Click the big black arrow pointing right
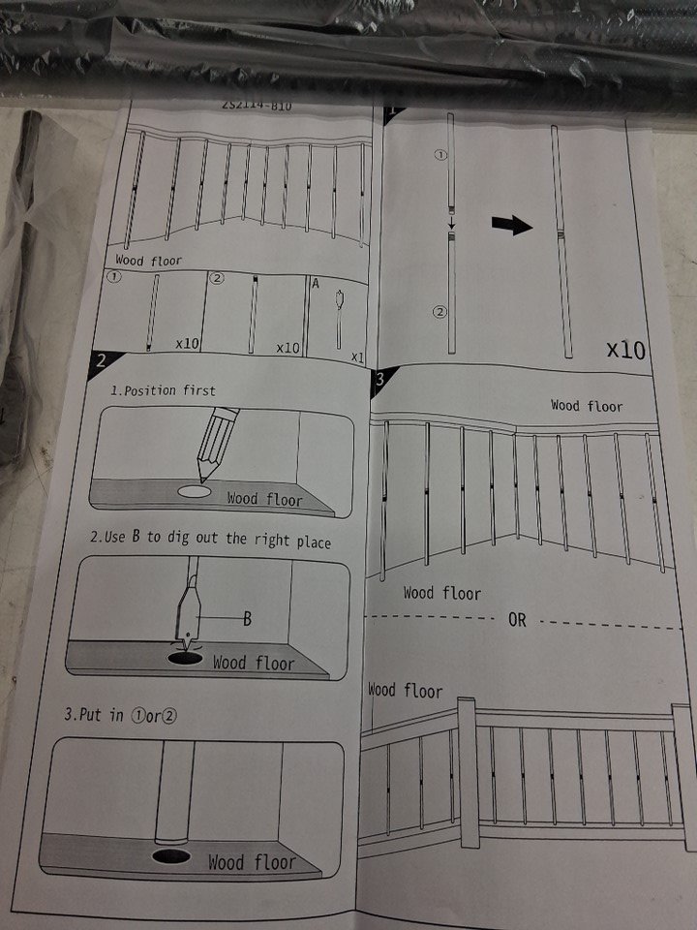512,226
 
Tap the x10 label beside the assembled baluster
625,350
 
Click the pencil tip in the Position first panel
203,478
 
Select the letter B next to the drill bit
247,619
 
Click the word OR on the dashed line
517,620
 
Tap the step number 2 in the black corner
102,360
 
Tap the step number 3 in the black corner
379,379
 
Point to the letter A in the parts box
316,284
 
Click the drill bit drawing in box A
340,319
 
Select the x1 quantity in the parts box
357,357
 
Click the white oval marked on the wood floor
195,491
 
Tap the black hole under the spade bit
185,658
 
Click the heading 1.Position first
163,390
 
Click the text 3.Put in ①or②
120,715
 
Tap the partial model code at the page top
257,106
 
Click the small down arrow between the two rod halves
452,224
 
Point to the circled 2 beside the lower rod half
439,311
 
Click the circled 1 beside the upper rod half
441,155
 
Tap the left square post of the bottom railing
469,773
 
